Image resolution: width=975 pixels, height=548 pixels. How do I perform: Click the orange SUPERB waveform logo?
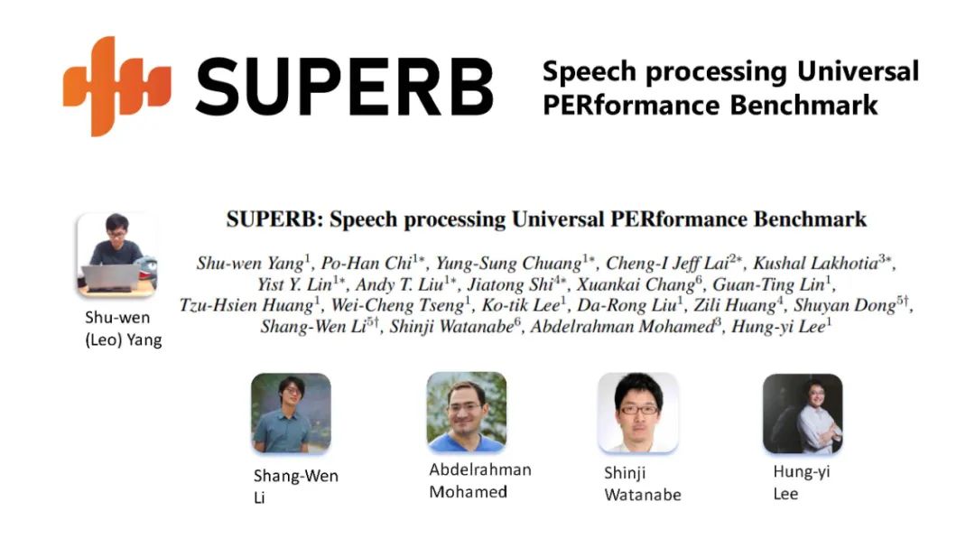point(116,86)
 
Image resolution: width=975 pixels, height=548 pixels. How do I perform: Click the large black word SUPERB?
point(345,87)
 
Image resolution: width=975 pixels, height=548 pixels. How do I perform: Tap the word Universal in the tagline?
point(858,71)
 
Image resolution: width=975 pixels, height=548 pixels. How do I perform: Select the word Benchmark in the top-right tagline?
point(803,105)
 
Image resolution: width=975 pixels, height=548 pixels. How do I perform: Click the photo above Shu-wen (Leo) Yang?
point(116,255)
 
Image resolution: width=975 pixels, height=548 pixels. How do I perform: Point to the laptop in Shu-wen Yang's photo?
point(111,277)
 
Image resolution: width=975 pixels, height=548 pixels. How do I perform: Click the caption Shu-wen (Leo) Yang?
point(123,329)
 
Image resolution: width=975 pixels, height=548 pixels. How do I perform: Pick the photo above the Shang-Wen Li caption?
point(291,413)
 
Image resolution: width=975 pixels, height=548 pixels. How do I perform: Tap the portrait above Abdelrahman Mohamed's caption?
point(467,412)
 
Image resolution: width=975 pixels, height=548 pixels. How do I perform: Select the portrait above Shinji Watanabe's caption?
point(638,413)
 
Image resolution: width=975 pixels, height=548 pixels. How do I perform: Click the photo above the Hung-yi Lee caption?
point(803,413)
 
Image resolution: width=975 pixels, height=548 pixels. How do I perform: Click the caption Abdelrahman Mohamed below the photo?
point(480,481)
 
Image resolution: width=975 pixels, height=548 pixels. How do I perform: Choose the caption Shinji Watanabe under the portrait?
point(643,484)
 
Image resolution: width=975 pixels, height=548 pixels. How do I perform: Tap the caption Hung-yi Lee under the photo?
point(802,483)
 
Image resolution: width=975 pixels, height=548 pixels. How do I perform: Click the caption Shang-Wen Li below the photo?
point(296,487)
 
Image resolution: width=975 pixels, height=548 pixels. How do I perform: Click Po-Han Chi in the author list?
point(367,263)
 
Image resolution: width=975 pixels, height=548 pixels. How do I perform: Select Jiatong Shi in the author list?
point(510,284)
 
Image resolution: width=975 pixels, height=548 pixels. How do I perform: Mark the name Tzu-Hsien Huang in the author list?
point(246,305)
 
